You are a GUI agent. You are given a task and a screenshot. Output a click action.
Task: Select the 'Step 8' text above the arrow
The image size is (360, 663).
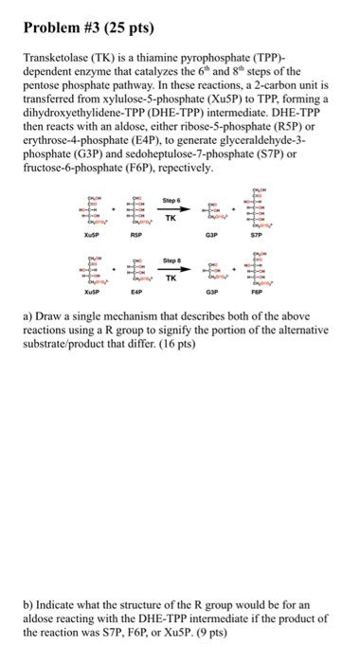[171, 260]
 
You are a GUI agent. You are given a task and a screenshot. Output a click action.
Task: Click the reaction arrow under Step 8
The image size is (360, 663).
[171, 268]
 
